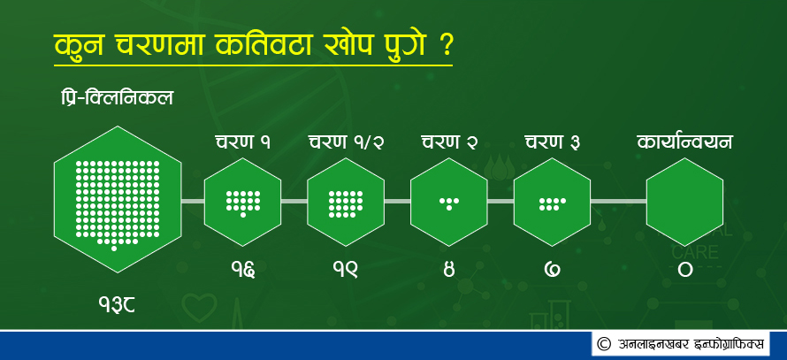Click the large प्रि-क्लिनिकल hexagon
[118, 199]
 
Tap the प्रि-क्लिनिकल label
[116, 98]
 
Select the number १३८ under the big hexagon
[117, 304]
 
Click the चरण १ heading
[243, 142]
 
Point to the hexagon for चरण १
[243, 202]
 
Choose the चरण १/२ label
[346, 142]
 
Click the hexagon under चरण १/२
[346, 202]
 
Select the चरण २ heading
[449, 142]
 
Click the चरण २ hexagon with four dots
[449, 202]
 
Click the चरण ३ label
[553, 142]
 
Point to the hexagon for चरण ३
[553, 202]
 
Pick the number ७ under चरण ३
[553, 270]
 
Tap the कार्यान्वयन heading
[684, 142]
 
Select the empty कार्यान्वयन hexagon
[684, 202]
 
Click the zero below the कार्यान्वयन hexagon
[685, 270]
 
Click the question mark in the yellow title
[443, 46]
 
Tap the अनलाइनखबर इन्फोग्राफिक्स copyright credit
[681, 344]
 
